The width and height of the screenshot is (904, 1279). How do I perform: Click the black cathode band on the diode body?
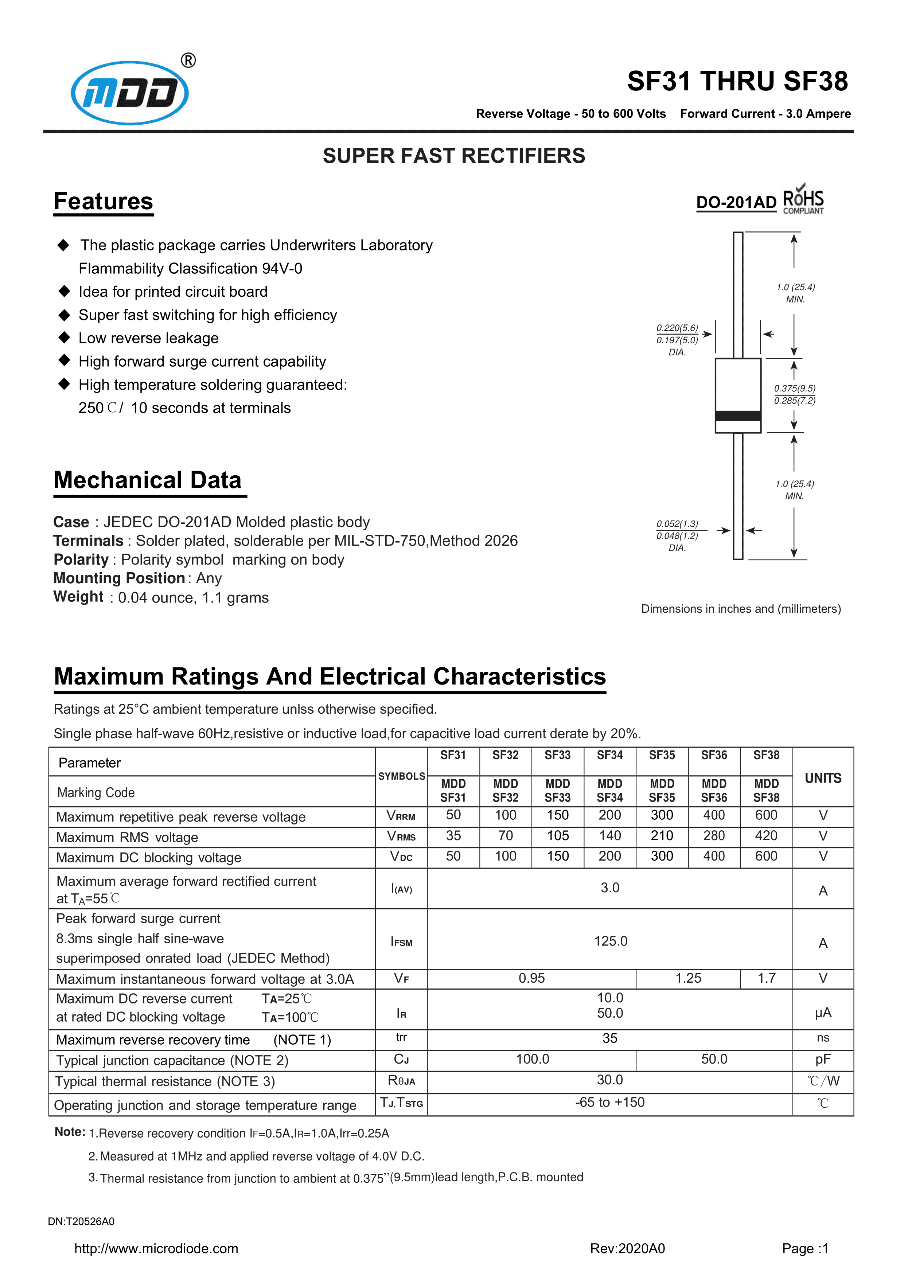(738, 416)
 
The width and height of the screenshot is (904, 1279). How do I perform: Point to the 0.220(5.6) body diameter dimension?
(677, 328)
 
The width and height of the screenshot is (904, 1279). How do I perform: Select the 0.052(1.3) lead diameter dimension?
(677, 524)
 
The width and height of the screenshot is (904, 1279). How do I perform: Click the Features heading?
(103, 201)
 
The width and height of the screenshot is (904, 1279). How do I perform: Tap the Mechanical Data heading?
(148, 480)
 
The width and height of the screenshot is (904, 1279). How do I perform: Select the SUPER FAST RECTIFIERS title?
(454, 156)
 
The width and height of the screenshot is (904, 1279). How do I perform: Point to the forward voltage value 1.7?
(767, 978)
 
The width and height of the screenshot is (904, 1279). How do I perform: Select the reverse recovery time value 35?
(610, 1038)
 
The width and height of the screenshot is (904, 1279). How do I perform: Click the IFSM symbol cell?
(402, 941)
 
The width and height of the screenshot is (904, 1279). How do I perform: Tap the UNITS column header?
(823, 778)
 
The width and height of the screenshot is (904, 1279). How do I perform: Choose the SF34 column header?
(609, 755)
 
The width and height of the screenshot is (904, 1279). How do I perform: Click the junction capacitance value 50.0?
(714, 1059)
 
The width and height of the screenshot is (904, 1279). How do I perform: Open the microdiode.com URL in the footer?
(156, 1248)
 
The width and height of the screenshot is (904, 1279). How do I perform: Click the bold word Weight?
(78, 597)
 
